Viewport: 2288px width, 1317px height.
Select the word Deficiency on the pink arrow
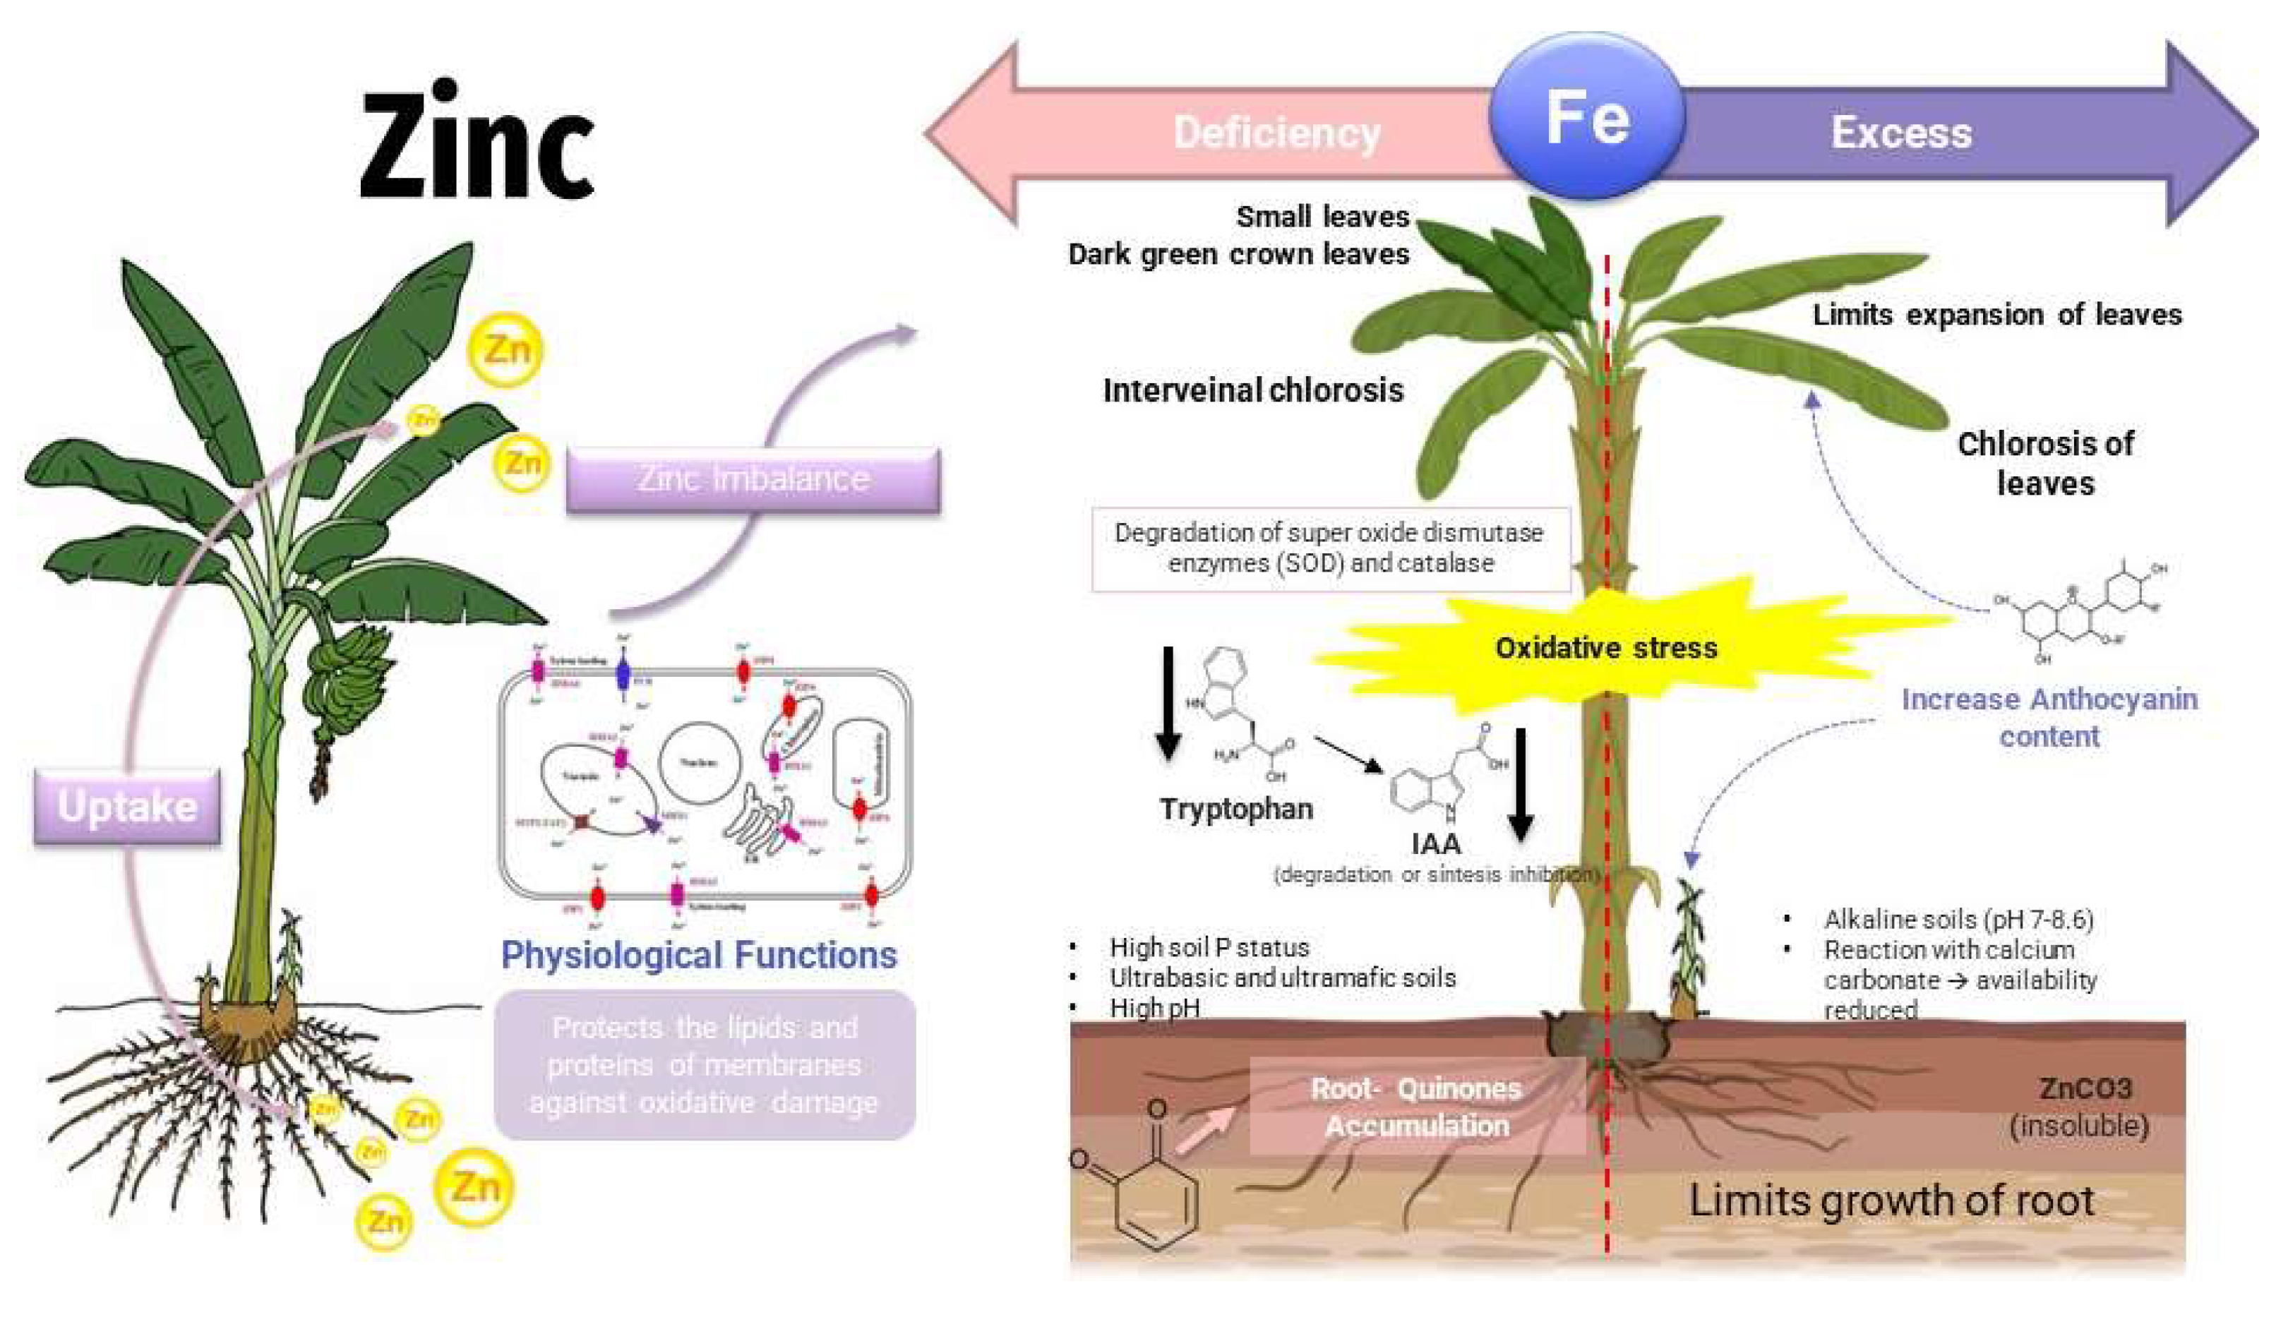click(x=1276, y=133)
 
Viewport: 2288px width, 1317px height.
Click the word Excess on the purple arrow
click(x=1901, y=133)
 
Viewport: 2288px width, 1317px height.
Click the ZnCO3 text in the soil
click(x=2085, y=1088)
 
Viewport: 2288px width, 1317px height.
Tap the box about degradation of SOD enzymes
click(x=1329, y=548)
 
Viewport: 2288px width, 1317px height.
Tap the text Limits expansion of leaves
click(x=1996, y=315)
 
